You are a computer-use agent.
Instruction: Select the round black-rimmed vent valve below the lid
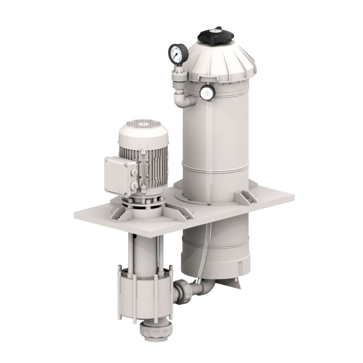pyautogui.click(x=207, y=93)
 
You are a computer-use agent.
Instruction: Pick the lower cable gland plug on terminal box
pyautogui.click(x=133, y=186)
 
